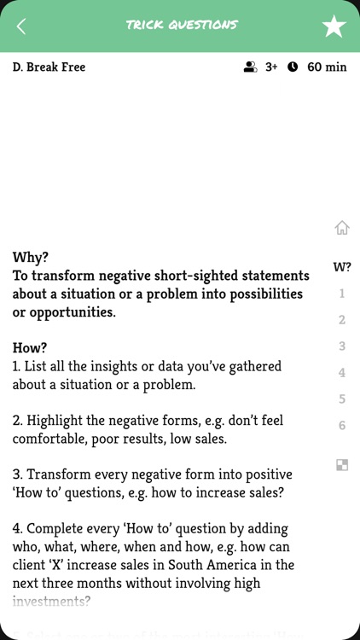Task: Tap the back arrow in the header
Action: (x=21, y=26)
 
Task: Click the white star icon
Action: (x=334, y=26)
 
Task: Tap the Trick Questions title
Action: (x=182, y=25)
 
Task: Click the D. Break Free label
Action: (x=49, y=67)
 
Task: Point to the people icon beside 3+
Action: (x=250, y=67)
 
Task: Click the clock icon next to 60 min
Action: (x=293, y=67)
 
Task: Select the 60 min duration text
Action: (x=327, y=67)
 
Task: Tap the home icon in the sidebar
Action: (x=342, y=228)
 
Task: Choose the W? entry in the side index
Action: (x=342, y=267)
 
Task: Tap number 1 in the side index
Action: (x=342, y=294)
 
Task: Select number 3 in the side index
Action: (x=342, y=346)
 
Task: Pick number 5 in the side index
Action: (x=342, y=399)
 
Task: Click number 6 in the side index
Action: (x=342, y=425)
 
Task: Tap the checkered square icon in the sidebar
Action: (x=342, y=465)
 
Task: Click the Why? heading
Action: (x=31, y=257)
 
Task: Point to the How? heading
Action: (x=30, y=348)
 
